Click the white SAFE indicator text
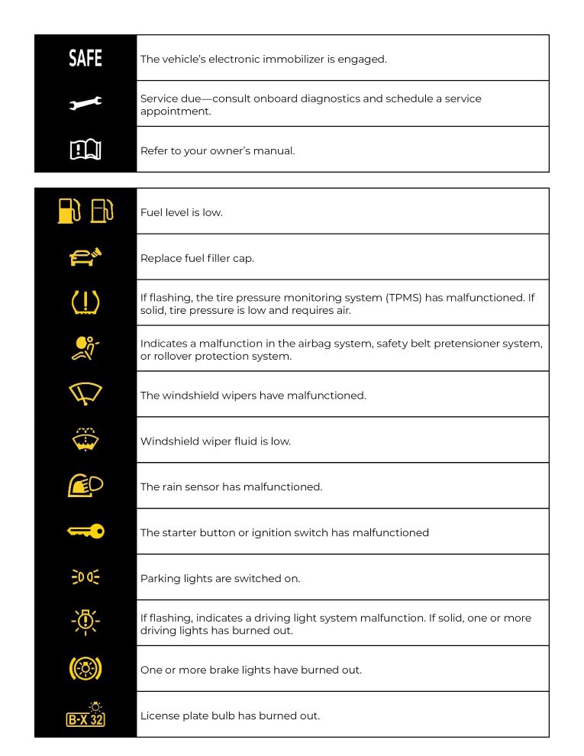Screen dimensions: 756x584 pyautogui.click(x=85, y=58)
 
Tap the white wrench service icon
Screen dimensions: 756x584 pyautogui.click(x=85, y=103)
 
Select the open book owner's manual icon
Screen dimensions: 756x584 pyautogui.click(x=85, y=150)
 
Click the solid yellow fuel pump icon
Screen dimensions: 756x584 pyautogui.click(x=69, y=211)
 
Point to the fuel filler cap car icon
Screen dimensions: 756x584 pyautogui.click(x=85, y=257)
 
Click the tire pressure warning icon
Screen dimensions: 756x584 pyautogui.click(x=85, y=303)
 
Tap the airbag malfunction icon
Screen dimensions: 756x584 pyautogui.click(x=85, y=348)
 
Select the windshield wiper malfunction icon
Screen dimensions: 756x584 pyautogui.click(x=85, y=394)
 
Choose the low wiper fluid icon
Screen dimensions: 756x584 pyautogui.click(x=85, y=440)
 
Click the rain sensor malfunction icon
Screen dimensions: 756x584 pyautogui.click(x=85, y=486)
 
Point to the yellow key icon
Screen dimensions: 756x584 pyautogui.click(x=85, y=532)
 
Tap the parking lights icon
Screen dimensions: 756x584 pyautogui.click(x=85, y=578)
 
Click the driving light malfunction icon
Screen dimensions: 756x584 pyautogui.click(x=85, y=623)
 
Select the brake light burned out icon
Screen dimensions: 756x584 pyautogui.click(x=85, y=670)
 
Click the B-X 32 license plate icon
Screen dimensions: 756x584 pyautogui.click(x=85, y=717)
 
